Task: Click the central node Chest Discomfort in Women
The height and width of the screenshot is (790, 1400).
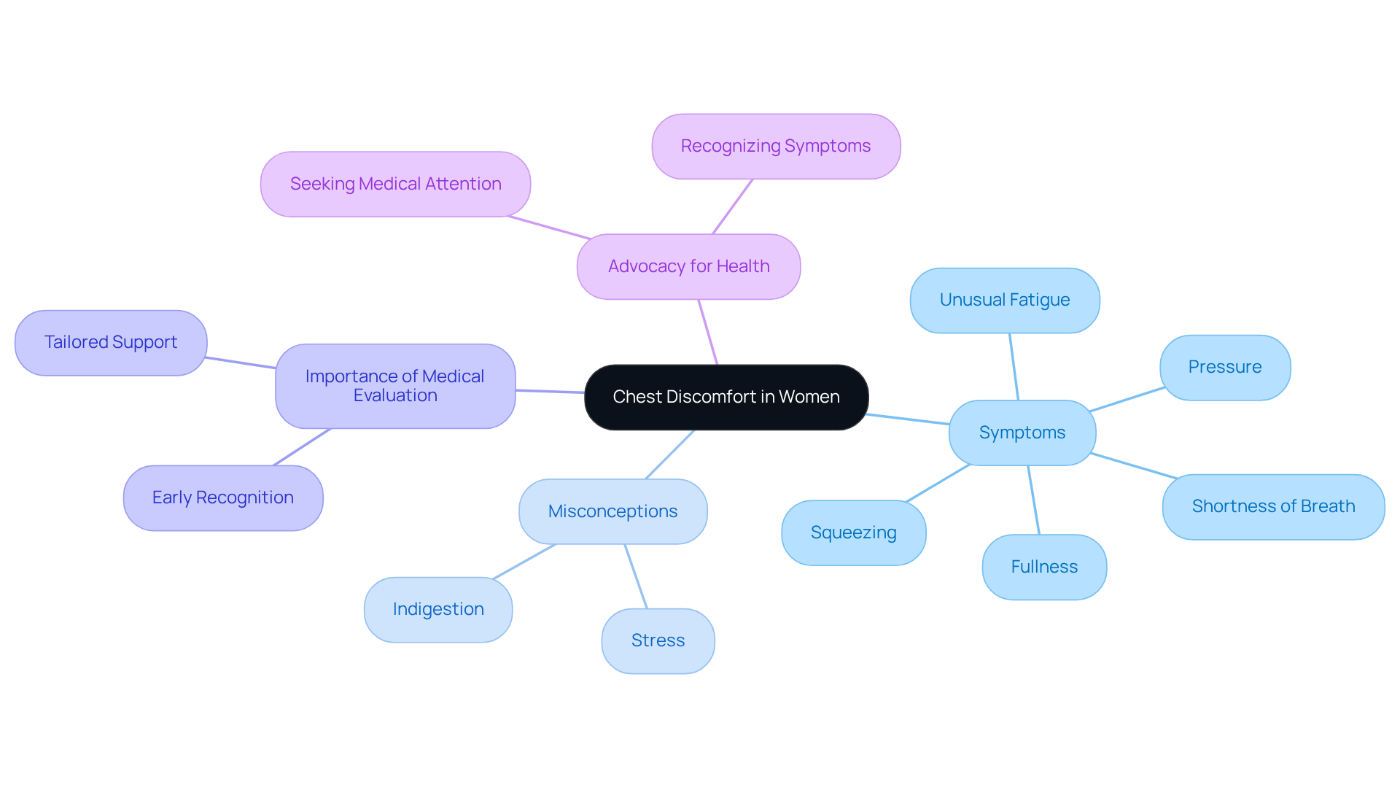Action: point(726,397)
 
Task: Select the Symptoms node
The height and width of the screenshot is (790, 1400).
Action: point(1022,433)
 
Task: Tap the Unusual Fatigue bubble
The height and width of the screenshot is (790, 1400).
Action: point(1004,300)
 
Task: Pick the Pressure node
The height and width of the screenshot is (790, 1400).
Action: point(1224,367)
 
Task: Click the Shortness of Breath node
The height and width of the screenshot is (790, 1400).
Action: point(1272,506)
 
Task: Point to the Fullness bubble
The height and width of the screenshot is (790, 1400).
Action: point(1043,567)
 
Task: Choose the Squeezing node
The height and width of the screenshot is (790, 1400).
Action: point(853,533)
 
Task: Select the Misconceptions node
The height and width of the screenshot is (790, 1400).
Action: point(612,511)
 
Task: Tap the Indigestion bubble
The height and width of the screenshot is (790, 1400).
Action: point(437,609)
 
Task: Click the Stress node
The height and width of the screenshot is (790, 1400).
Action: point(658,640)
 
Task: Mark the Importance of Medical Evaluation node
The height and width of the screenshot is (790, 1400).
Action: point(394,386)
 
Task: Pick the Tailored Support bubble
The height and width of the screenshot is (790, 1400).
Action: point(110,342)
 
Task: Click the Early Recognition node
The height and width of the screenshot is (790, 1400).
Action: point(222,497)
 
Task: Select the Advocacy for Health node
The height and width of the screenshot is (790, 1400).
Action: point(688,266)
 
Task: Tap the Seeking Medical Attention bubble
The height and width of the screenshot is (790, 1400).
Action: point(395,184)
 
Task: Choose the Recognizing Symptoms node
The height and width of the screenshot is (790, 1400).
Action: point(775,146)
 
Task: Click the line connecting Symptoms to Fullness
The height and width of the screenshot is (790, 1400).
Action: point(1033,500)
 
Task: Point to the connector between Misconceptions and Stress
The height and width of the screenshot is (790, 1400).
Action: point(636,576)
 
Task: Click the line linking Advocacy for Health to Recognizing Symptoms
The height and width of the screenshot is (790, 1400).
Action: point(732,206)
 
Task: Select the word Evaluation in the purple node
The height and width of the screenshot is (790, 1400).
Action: point(395,395)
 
